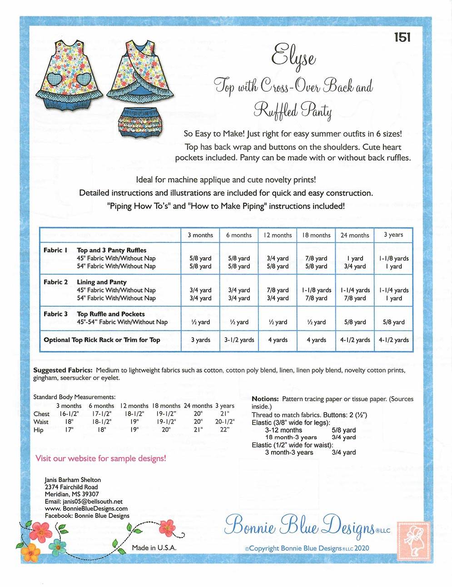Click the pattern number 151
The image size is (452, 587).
pyautogui.click(x=402, y=37)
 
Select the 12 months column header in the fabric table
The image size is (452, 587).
pyautogui.click(x=277, y=235)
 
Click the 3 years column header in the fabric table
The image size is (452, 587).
pyautogui.click(x=393, y=234)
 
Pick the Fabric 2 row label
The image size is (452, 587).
pyautogui.click(x=55, y=282)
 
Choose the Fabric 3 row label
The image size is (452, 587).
pyautogui.click(x=55, y=314)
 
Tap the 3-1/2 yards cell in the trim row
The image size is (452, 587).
pyautogui.click(x=239, y=340)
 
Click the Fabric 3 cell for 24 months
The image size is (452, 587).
pyautogui.click(x=355, y=322)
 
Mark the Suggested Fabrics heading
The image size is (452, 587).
pyautogui.click(x=63, y=370)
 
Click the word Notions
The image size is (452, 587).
pyautogui.click(x=265, y=399)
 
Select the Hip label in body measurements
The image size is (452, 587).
pyautogui.click(x=39, y=430)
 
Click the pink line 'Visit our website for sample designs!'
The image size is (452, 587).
pyautogui.click(x=100, y=458)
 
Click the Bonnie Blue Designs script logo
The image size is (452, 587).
pyautogui.click(x=300, y=526)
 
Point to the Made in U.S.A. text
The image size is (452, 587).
pyautogui.click(x=154, y=548)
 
